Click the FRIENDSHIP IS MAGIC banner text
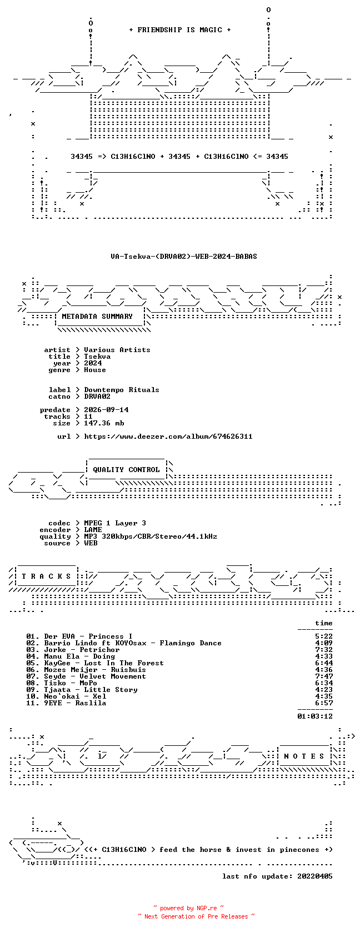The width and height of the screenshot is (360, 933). [x=180, y=30]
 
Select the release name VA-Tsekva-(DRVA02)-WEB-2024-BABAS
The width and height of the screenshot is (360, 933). [x=184, y=257]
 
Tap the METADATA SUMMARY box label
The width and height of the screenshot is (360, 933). [x=97, y=317]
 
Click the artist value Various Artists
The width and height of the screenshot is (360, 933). [x=117, y=350]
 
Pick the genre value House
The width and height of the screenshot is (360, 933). [x=95, y=370]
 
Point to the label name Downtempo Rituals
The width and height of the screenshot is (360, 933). [x=122, y=390]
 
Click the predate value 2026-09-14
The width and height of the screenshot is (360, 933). [x=106, y=410]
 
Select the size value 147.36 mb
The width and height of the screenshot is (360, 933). [x=104, y=423]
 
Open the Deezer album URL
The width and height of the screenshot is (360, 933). [x=168, y=437]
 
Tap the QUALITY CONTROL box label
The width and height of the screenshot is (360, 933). [x=126, y=470]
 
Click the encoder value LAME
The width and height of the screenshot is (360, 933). [x=93, y=530]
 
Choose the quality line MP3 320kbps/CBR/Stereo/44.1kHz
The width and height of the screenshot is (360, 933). [x=151, y=536]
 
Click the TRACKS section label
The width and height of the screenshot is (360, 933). [x=46, y=576]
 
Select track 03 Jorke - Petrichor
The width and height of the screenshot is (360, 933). [x=73, y=650]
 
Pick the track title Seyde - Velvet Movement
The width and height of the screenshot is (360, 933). [x=95, y=676]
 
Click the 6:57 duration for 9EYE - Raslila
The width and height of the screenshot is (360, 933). [x=324, y=703]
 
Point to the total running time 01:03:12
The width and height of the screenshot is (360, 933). [x=315, y=716]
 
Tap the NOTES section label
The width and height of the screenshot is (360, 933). [x=304, y=756]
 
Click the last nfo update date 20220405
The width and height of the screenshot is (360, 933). [x=315, y=876]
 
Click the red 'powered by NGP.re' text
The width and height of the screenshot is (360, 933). [x=188, y=908]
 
